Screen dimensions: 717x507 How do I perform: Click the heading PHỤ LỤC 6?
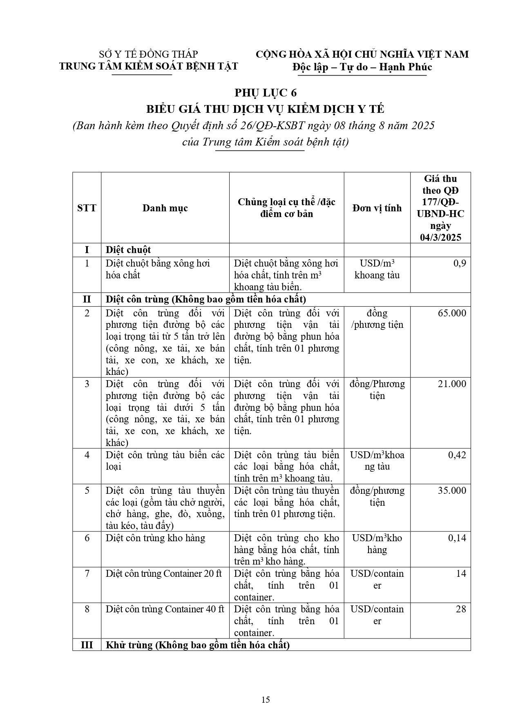(x=266, y=93)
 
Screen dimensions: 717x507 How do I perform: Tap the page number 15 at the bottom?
(x=266, y=699)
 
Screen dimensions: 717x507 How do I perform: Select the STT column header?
(x=87, y=208)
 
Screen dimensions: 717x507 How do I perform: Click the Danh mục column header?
(x=165, y=208)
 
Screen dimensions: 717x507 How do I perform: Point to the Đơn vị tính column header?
(x=377, y=208)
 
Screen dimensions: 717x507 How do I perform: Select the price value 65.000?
(x=451, y=313)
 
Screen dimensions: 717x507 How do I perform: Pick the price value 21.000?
(x=451, y=384)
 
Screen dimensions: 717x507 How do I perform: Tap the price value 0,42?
(x=457, y=455)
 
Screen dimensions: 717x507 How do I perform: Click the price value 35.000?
(x=451, y=491)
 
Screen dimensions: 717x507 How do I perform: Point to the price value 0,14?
(x=457, y=538)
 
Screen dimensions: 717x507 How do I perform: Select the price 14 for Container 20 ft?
(x=461, y=574)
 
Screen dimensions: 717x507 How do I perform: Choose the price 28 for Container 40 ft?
(x=461, y=609)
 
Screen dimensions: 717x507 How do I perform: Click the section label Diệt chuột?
(x=128, y=250)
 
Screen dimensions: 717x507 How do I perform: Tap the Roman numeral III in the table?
(x=87, y=645)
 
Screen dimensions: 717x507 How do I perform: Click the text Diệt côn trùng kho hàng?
(x=155, y=538)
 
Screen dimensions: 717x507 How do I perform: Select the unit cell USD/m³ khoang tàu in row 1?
(x=377, y=269)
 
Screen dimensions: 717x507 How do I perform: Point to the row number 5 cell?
(x=87, y=491)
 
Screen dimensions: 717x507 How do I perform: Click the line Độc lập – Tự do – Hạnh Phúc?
(x=362, y=67)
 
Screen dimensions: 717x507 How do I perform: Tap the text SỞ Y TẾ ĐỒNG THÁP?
(x=149, y=54)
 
